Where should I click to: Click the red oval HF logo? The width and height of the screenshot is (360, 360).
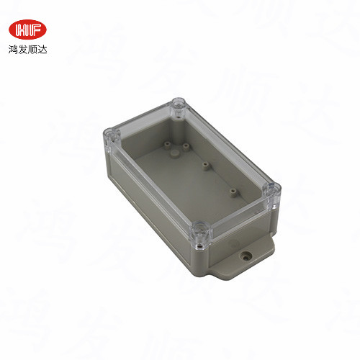tap(27, 29)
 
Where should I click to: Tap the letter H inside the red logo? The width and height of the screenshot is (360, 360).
tap(22, 29)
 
